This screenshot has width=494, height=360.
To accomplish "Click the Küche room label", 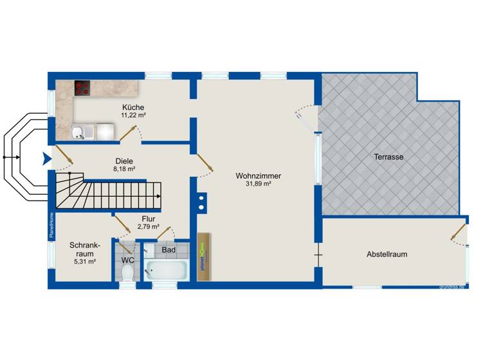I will point(134,107).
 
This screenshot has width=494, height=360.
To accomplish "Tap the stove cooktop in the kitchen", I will point(82,88).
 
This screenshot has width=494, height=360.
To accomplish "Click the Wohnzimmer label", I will point(259,175).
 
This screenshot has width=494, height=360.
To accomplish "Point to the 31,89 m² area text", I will point(258,184).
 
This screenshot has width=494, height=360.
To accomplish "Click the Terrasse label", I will point(389,156).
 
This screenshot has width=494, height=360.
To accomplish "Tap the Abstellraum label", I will point(387,254).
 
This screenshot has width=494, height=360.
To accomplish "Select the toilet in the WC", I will point(127,273).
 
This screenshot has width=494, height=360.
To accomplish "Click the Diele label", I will point(123,161).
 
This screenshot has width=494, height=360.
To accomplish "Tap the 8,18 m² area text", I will point(123,169).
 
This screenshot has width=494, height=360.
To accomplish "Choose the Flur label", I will point(148,218).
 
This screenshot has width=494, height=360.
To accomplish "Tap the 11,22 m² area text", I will point(134,116).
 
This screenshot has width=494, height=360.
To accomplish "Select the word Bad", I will point(169,249).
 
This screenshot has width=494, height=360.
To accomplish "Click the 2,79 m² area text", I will point(148,226).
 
